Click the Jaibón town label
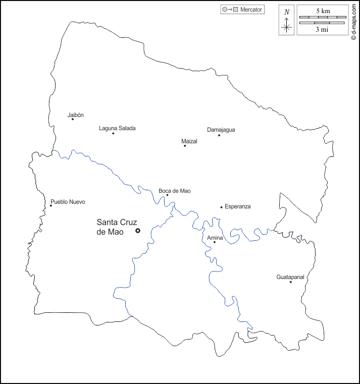coord(76,115)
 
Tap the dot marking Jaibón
coord(73,119)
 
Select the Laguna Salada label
coord(117,128)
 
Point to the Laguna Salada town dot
coord(113,133)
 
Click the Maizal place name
coord(189,141)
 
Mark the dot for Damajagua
coord(219,135)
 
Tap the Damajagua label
coord(221,130)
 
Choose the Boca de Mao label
coord(175,191)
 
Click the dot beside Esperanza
coord(221,207)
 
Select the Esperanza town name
coord(238,206)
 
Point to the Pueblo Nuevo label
coord(68,202)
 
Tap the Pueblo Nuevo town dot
coord(50,205)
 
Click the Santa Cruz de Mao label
coord(117,227)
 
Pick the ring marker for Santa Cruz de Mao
coord(138,231)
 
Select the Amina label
coord(215,238)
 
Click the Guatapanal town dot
coord(290,282)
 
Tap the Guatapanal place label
coord(291,277)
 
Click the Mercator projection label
coord(251,10)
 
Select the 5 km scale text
coord(323,11)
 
